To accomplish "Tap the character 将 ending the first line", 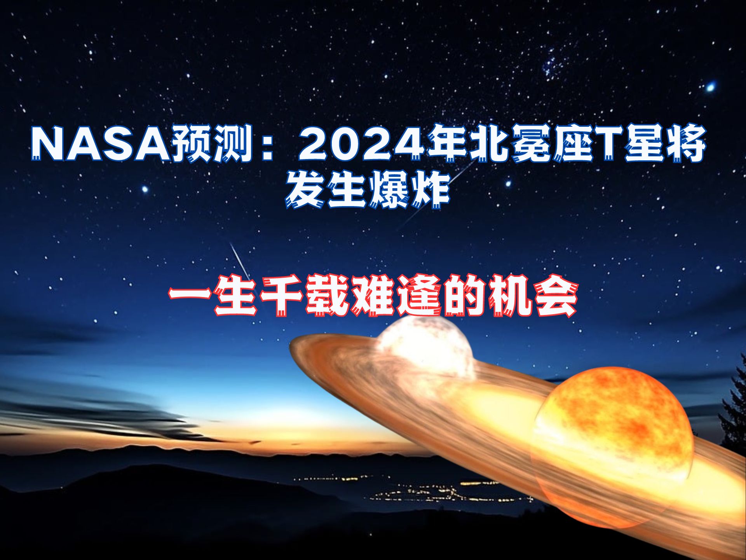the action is pos(685,143).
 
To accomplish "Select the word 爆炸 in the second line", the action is pos(408,190).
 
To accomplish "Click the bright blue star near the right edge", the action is pos(711,87).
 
